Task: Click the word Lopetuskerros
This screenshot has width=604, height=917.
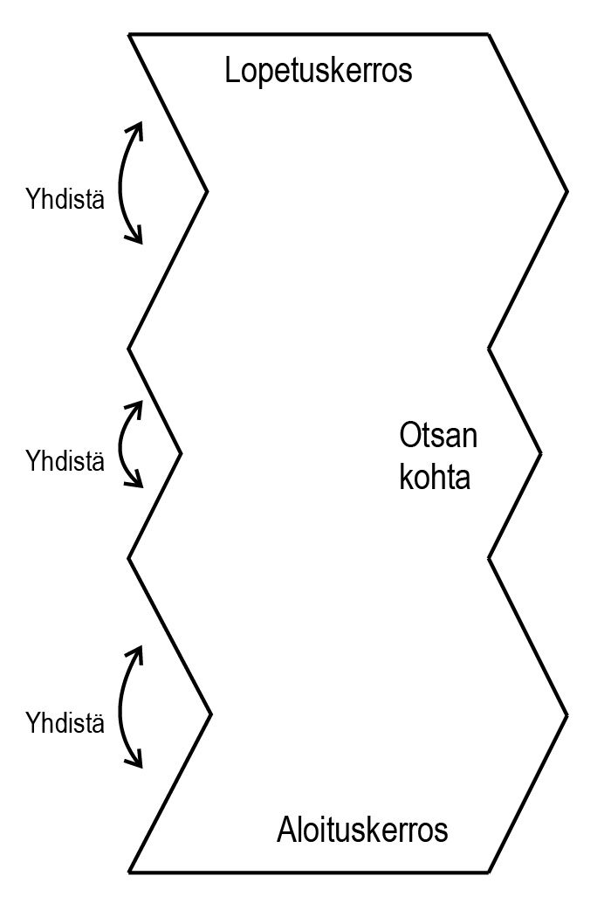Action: tap(318, 71)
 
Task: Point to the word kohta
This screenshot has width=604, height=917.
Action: tap(435, 478)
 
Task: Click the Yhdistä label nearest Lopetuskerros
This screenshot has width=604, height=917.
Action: tap(65, 200)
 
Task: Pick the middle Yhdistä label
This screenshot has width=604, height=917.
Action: tap(65, 460)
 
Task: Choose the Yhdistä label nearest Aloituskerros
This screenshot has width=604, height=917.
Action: tap(65, 723)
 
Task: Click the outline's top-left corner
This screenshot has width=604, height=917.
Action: tap(129, 34)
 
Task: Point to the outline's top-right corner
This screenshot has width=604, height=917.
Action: tap(488, 34)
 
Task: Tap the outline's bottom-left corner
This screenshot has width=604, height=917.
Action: tap(129, 872)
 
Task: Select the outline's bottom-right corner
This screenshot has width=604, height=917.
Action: tap(488, 872)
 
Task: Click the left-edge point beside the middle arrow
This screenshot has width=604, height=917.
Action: tap(181, 453)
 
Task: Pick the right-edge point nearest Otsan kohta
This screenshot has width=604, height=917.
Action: tap(541, 453)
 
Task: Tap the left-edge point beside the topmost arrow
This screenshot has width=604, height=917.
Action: tap(207, 190)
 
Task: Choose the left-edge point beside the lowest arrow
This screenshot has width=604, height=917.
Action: tap(211, 714)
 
